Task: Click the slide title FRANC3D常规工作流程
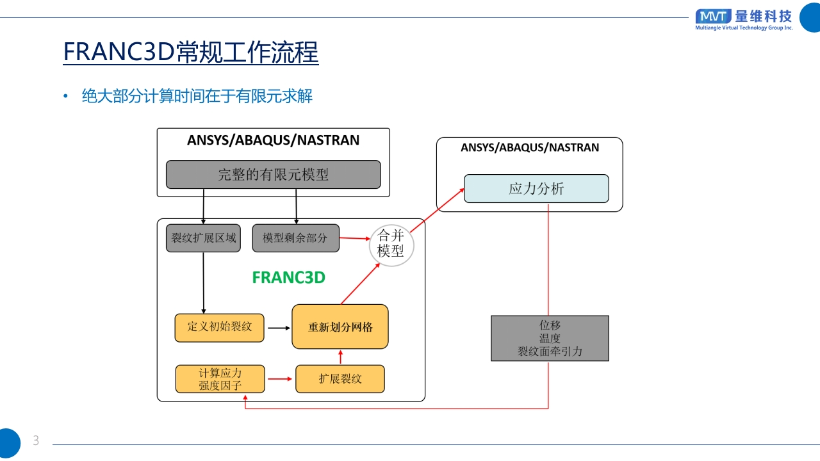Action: [190, 53]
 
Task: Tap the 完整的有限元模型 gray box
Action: [273, 174]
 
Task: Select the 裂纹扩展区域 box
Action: [203, 238]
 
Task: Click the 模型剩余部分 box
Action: [295, 238]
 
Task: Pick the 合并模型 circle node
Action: [391, 243]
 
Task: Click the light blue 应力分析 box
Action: [536, 189]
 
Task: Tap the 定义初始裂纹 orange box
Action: [220, 327]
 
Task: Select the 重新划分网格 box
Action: [340, 327]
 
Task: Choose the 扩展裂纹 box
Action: [340, 379]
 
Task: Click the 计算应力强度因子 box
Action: [220, 379]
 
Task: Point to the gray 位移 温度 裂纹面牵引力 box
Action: [550, 338]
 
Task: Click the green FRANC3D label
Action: [288, 277]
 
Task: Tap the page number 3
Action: [36, 441]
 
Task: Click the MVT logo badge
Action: [713, 16]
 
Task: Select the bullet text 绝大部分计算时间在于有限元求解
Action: [197, 97]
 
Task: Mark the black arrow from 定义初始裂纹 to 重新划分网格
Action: [278, 327]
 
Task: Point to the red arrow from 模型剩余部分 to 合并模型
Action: [355, 239]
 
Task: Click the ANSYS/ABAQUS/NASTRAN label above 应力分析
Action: [530, 148]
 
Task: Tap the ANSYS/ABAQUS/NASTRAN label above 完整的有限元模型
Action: [273, 140]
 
